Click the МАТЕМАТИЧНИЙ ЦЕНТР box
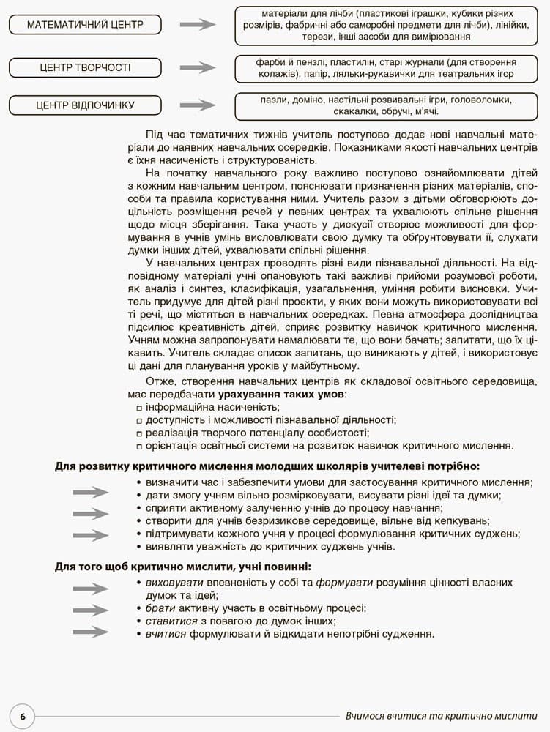[x=84, y=25]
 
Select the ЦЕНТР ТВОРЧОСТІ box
[x=84, y=68]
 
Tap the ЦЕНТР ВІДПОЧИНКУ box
[x=84, y=105]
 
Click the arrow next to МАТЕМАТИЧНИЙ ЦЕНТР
[x=198, y=25]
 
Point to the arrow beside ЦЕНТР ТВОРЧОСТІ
[x=198, y=68]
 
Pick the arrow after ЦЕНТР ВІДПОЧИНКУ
[x=198, y=105]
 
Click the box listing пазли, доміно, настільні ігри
[x=385, y=105]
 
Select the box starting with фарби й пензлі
[x=385, y=68]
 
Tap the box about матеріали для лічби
[x=385, y=25]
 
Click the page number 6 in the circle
[x=23, y=716]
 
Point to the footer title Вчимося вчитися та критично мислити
[x=442, y=715]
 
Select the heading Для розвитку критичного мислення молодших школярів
[x=267, y=466]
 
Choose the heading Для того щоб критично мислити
[x=183, y=566]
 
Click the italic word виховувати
[x=175, y=583]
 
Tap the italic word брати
[x=160, y=608]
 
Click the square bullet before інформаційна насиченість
[x=139, y=408]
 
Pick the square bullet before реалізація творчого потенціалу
[x=139, y=433]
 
